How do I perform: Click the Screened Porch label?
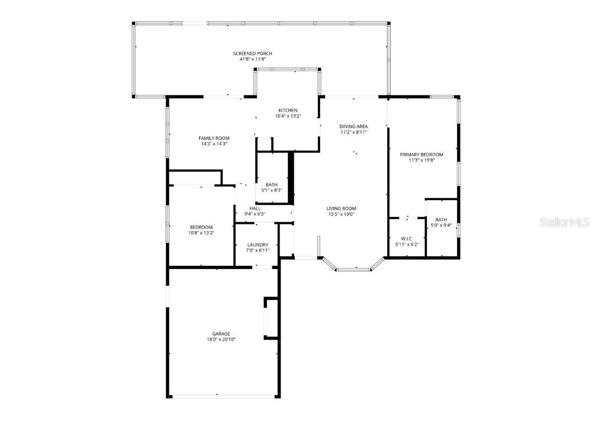click(253, 53)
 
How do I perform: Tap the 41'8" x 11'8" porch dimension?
click(253, 59)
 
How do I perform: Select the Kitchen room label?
click(288, 111)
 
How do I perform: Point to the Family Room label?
click(214, 138)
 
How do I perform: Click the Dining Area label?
click(353, 127)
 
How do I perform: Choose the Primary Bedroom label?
click(422, 155)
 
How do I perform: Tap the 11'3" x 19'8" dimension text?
click(422, 160)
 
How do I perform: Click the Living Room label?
click(341, 209)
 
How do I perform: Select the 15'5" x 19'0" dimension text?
click(341, 214)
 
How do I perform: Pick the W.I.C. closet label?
click(407, 239)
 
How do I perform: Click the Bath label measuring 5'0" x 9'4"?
click(441, 220)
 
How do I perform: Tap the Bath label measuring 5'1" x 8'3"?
click(271, 185)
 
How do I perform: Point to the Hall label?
click(255, 209)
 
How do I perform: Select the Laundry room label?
click(257, 245)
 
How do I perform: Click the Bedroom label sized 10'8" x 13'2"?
click(201, 227)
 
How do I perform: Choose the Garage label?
click(221, 333)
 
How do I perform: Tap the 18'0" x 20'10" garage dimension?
click(221, 339)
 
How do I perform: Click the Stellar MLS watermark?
click(564, 222)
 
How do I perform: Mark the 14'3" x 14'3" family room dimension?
click(214, 144)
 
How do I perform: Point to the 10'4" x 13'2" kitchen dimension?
click(288, 116)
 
